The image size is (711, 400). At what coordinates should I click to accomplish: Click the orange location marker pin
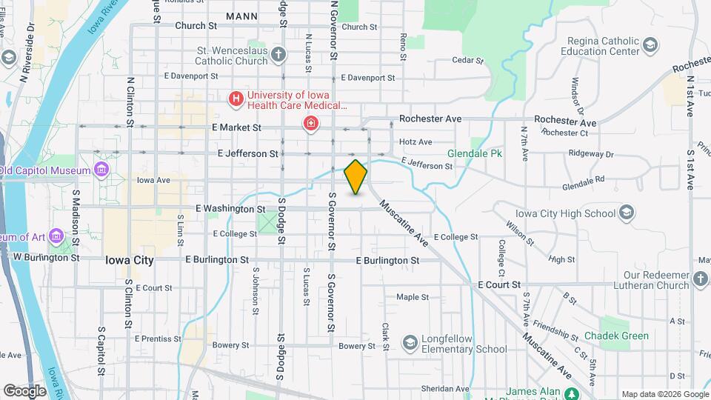coord(356,176)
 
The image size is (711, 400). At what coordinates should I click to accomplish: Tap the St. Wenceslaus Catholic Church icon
coord(278,54)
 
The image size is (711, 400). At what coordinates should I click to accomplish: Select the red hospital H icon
coord(236,98)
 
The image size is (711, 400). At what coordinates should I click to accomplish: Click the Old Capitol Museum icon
coord(101,170)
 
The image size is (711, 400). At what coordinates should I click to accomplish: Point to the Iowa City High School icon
coord(627,213)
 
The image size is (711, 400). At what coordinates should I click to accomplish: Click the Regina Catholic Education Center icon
coord(650,46)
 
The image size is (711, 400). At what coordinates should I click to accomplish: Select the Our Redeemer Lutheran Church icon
coord(701,279)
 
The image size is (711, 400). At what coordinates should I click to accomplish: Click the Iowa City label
coord(130,260)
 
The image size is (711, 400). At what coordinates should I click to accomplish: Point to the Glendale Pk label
coord(475,154)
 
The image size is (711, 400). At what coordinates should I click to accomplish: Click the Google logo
coord(24,390)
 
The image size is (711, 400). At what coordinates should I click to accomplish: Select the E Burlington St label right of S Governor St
coord(387,261)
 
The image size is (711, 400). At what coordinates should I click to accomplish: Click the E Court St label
coord(499,284)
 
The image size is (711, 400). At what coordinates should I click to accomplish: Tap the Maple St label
coord(413,297)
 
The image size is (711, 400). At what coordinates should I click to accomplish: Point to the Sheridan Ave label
coord(445,388)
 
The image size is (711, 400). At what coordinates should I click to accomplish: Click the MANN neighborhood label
coord(242,16)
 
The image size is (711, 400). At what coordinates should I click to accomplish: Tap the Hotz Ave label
coord(415,141)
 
